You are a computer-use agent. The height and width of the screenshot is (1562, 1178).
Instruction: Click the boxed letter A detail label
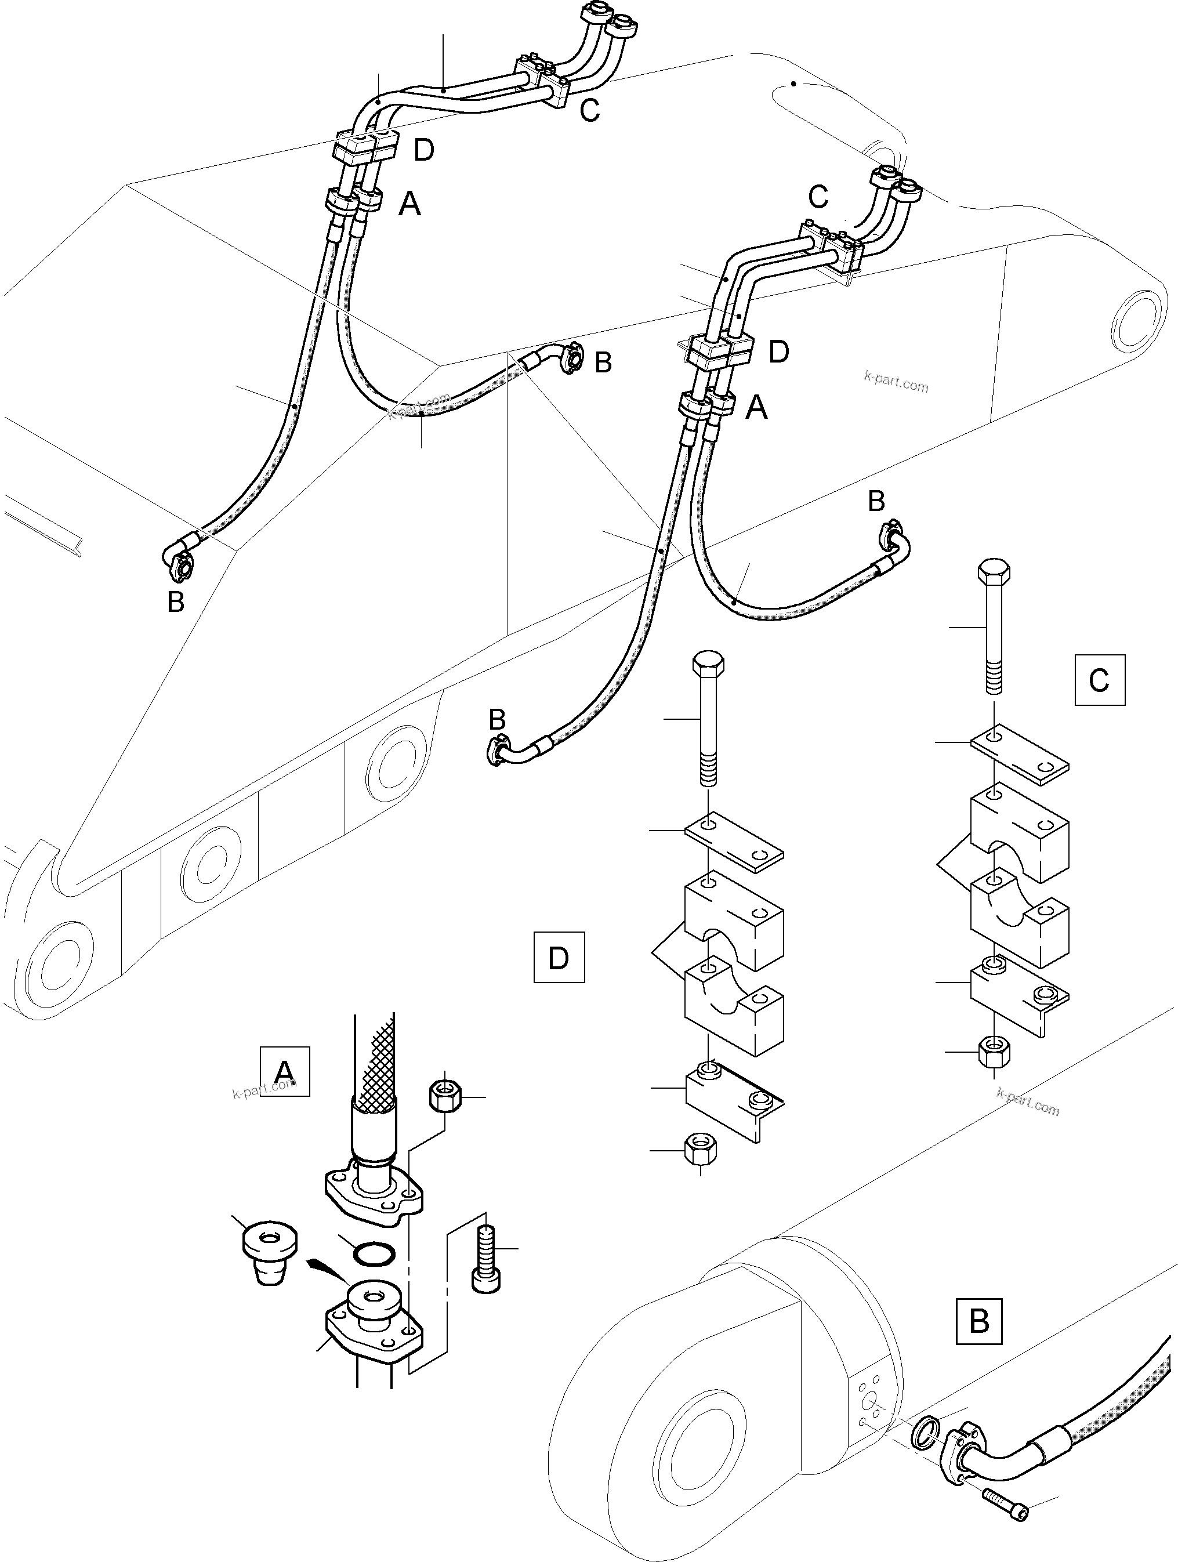point(285,1071)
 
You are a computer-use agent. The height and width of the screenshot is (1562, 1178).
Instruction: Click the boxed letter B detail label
point(979,1321)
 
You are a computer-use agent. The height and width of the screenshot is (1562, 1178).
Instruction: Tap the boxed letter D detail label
point(559,958)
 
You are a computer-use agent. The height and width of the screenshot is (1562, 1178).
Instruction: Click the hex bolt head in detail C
point(994,571)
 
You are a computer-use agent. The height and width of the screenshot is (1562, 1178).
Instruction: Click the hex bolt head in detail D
point(708,665)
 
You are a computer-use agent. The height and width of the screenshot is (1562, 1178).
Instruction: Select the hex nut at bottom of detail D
point(701,1150)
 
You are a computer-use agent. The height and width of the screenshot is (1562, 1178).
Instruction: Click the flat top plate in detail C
point(1019,754)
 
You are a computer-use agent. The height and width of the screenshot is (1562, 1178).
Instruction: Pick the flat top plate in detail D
point(734,840)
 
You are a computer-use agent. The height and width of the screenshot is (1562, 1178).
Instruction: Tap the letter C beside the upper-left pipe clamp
point(589,110)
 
